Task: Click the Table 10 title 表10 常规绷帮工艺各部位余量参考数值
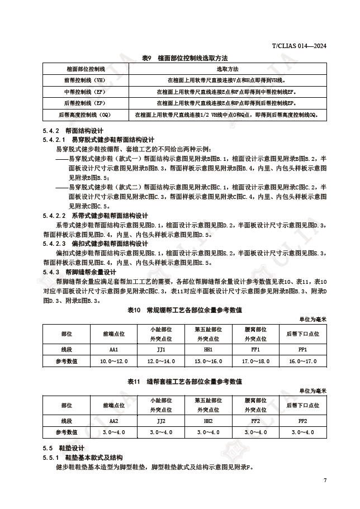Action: [x=184, y=310]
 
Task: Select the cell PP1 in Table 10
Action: [x=302, y=349]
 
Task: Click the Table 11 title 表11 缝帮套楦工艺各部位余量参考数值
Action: [x=184, y=381]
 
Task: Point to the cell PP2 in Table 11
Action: [x=302, y=420]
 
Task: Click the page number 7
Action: [x=324, y=481]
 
